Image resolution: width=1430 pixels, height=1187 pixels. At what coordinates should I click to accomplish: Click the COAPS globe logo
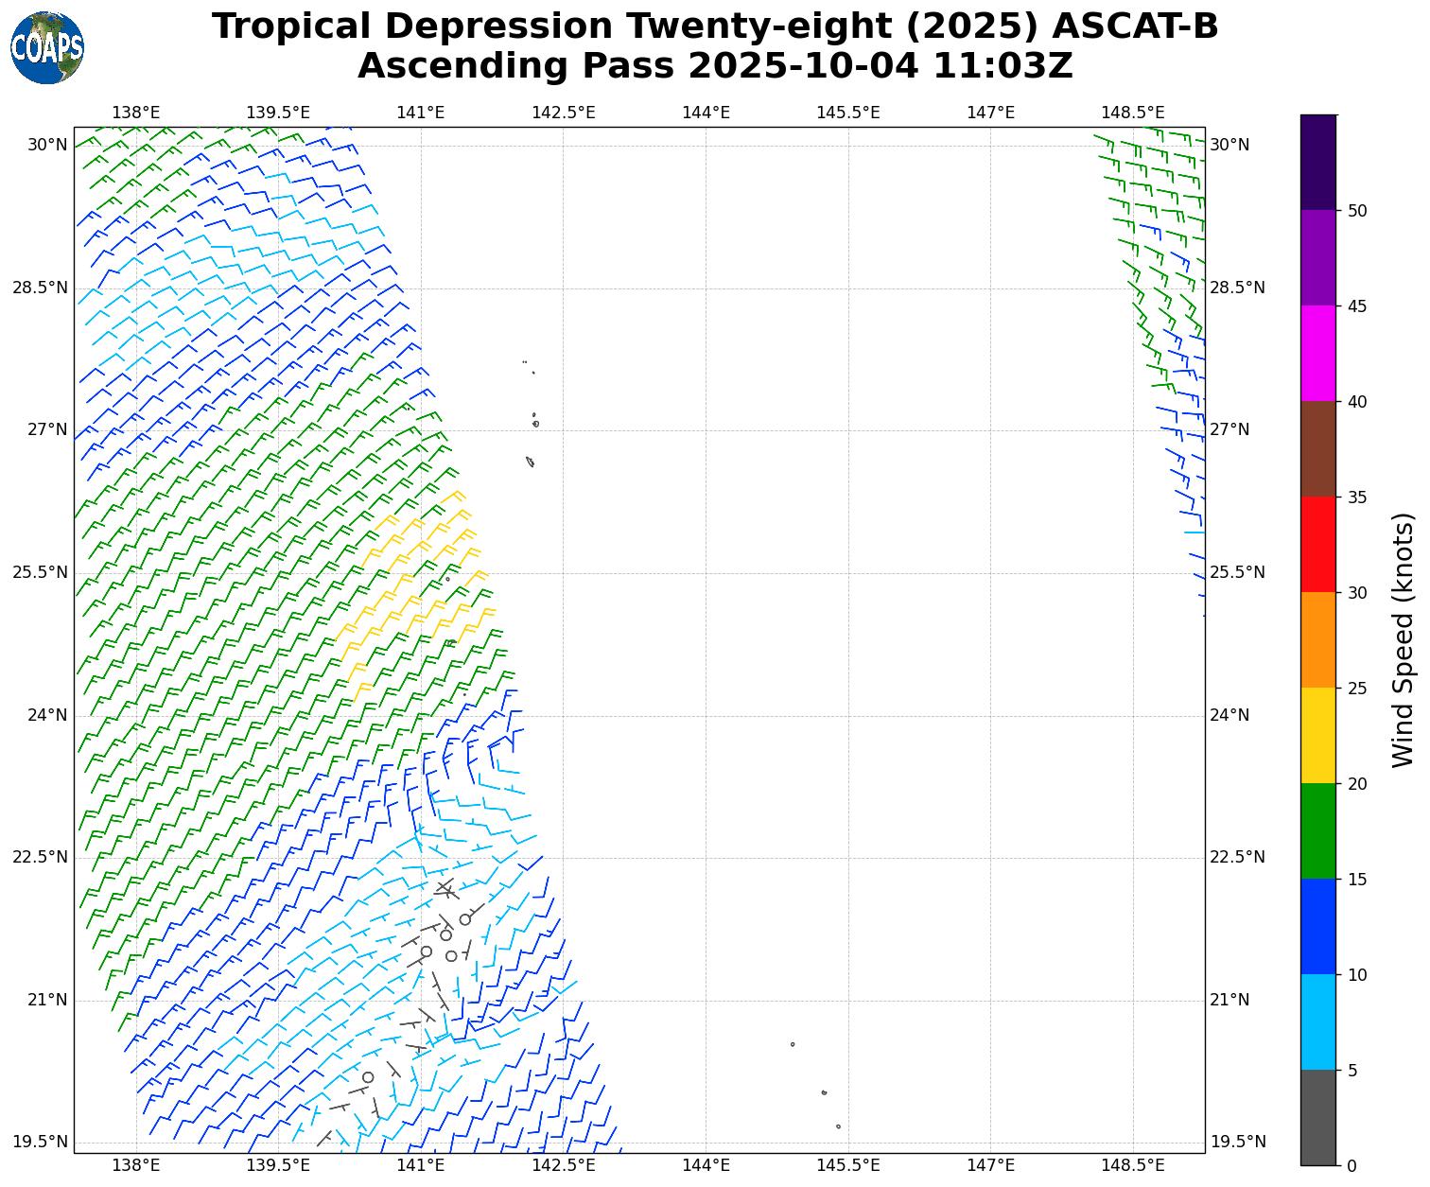47,47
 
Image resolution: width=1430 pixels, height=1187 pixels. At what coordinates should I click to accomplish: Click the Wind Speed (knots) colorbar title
1404,639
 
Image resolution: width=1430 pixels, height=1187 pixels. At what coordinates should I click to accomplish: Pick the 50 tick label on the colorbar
1357,211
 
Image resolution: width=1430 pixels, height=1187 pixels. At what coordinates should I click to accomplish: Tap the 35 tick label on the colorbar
1357,497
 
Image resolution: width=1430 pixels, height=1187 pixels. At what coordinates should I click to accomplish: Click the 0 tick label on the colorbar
1352,1164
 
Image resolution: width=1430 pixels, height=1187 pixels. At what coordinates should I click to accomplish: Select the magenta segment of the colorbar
1318,353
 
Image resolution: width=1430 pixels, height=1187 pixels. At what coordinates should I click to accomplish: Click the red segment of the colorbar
1318,544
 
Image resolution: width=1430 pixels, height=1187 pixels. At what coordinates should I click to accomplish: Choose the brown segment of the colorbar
1318,448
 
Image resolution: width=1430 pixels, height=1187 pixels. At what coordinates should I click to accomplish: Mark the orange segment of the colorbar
1318,639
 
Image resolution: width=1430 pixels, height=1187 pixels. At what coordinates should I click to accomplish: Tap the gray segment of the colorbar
1318,1117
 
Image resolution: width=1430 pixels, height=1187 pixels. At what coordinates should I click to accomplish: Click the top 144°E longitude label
706,113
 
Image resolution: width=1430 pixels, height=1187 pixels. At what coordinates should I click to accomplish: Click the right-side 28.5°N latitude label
1237,288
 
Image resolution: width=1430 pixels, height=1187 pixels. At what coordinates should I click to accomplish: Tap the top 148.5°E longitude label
1132,113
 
